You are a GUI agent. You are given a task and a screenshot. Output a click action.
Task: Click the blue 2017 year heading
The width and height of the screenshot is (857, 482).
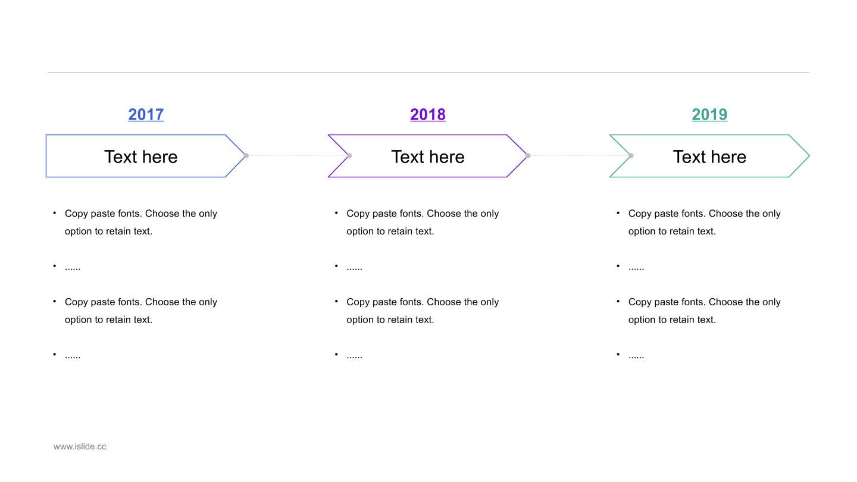pos(146,114)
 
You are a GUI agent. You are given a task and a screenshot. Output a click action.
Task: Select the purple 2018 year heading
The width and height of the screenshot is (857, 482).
pos(428,114)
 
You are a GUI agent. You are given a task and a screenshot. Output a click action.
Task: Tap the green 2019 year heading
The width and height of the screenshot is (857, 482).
pos(709,114)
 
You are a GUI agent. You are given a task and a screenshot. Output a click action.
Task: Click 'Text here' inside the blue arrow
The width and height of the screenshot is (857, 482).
pos(141,157)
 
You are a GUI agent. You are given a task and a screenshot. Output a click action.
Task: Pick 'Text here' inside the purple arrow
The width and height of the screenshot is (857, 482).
pos(428,157)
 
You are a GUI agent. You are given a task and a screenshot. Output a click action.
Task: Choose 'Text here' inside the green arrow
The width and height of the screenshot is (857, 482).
pos(709,157)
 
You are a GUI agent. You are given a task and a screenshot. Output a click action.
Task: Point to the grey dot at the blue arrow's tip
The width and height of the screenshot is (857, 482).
pos(246,156)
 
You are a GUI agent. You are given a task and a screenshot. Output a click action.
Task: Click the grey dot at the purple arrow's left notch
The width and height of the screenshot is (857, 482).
pos(349,156)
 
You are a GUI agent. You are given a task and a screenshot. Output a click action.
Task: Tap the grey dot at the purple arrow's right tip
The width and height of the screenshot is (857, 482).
pos(528,156)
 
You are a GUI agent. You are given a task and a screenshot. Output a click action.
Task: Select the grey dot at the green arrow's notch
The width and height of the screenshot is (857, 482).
pos(631,156)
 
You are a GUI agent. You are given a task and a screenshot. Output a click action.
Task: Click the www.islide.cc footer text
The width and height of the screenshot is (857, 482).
pos(80,446)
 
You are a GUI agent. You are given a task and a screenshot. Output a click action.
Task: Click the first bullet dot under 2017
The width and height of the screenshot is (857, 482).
pos(55,212)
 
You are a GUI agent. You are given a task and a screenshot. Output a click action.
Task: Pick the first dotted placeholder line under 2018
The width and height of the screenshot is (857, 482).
pos(354,269)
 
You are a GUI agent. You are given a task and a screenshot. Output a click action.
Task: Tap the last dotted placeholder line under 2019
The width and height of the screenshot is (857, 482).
pos(636,357)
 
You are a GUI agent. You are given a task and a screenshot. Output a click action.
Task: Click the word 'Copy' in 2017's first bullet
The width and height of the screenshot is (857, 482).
pos(76,214)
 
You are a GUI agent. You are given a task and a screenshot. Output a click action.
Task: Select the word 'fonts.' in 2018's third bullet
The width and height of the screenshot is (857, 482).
pos(412,302)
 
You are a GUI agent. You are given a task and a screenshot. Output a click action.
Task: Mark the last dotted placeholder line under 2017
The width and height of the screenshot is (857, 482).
pos(73,357)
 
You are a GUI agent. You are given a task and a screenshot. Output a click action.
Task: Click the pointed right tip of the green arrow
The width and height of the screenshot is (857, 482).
pos(809,156)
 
